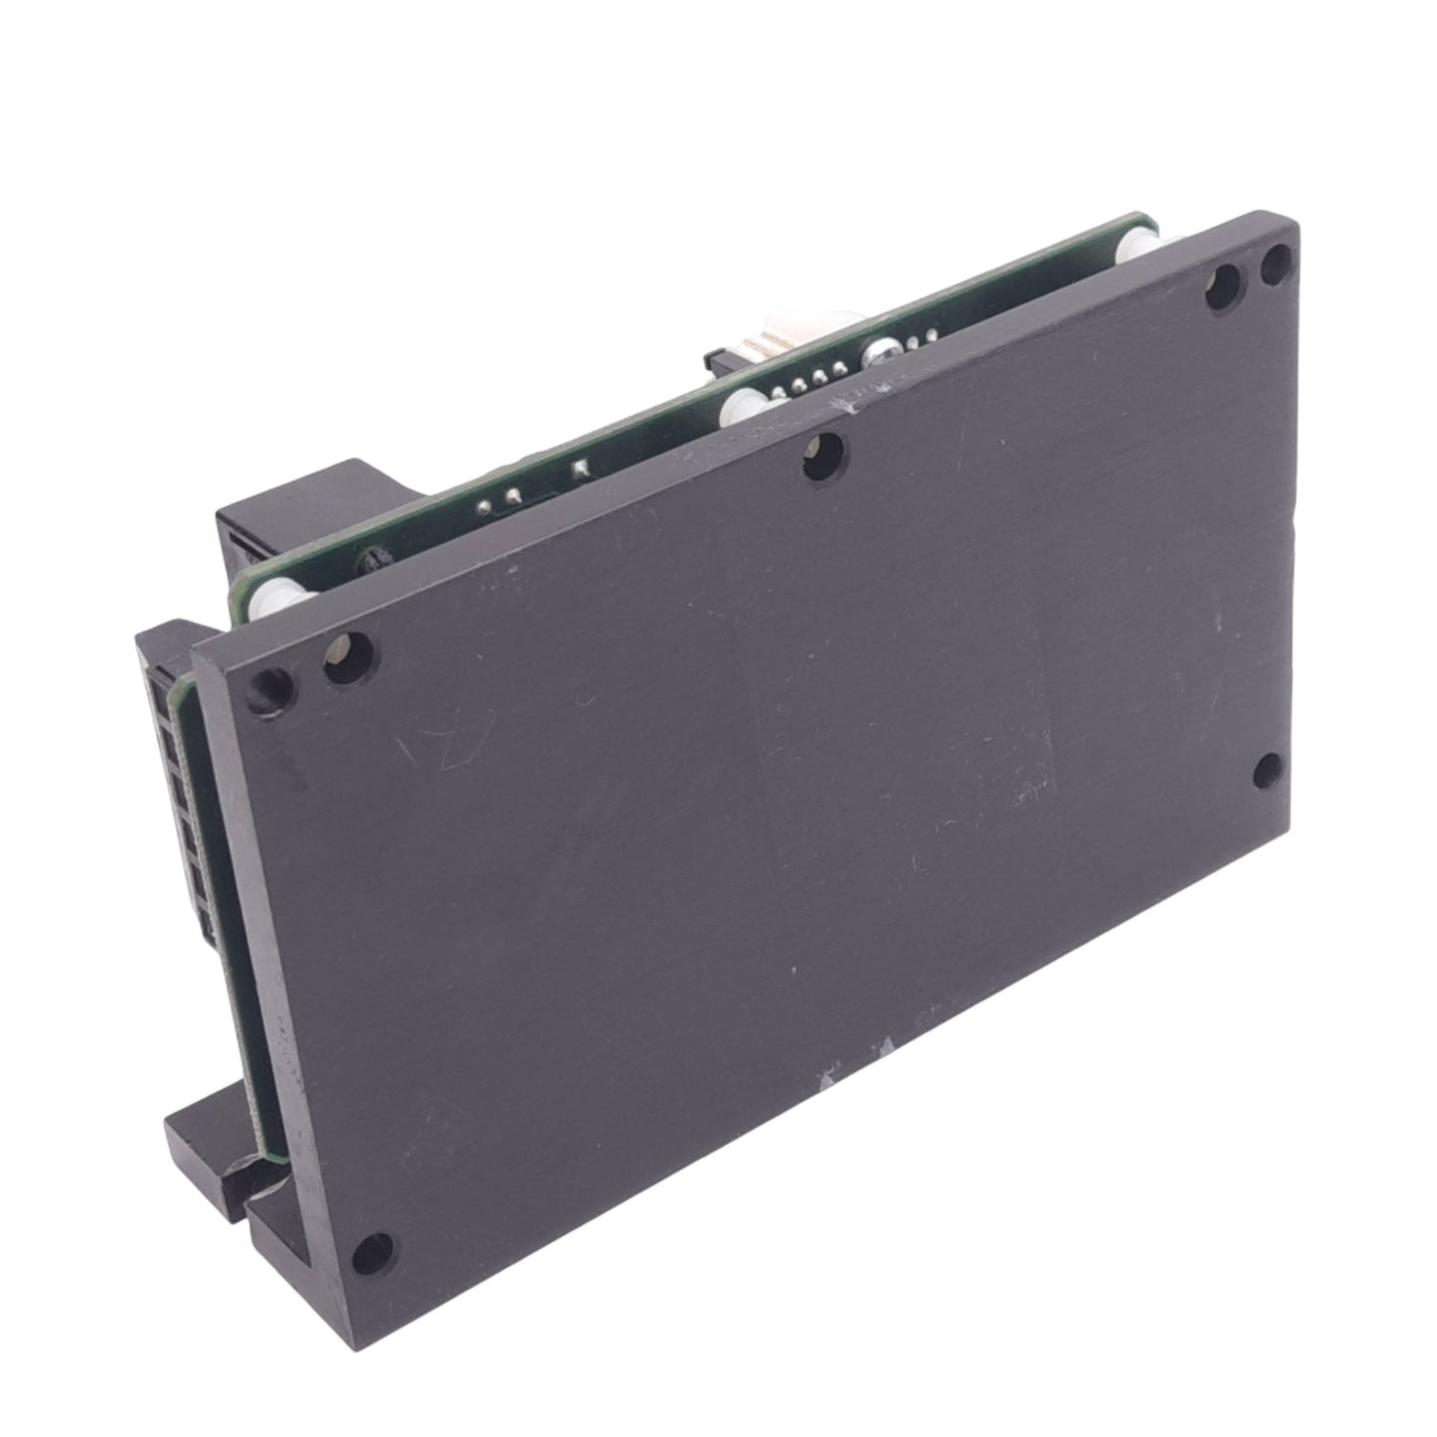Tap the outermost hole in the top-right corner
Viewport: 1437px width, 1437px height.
(x=1275, y=264)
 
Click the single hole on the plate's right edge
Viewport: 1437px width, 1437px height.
(x=1266, y=770)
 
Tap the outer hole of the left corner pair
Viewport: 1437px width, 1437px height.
(x=270, y=688)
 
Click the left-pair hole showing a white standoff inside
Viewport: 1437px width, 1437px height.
(x=348, y=656)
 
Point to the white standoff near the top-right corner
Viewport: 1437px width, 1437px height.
(x=1138, y=249)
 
